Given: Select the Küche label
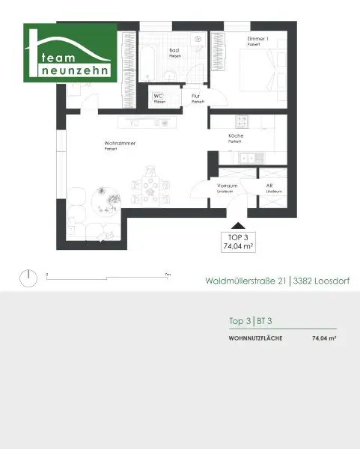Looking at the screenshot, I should (235, 135).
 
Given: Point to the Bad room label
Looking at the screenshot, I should (174, 50).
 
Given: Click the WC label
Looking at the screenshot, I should (159, 97).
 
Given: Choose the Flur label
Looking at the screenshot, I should (196, 97).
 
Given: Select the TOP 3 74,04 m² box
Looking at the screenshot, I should (237, 239).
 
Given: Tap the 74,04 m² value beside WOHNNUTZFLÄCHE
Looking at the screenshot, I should (323, 339).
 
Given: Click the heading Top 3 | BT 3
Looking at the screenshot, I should (250, 320).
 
